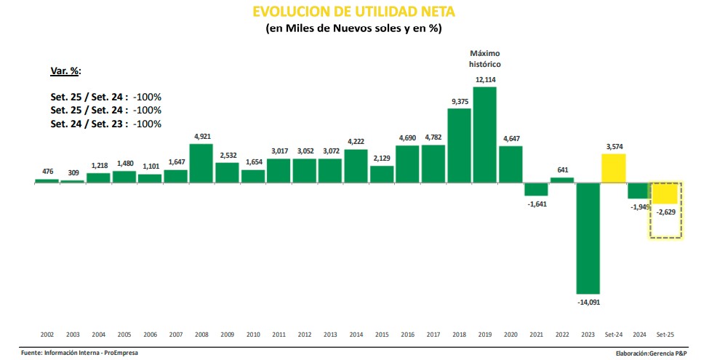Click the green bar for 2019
click(x=484, y=135)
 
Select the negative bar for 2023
click(x=588, y=239)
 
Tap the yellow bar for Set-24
click(x=614, y=168)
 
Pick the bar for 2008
click(x=201, y=163)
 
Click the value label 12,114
click(x=485, y=79)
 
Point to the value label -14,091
click(x=588, y=303)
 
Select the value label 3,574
click(x=614, y=147)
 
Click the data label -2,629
click(x=666, y=212)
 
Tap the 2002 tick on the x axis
click(x=47, y=334)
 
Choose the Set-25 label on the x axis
click(x=665, y=334)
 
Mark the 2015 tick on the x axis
click(x=382, y=334)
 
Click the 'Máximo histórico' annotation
click(x=485, y=59)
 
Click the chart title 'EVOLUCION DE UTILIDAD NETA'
click(x=353, y=12)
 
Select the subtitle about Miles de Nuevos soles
click(x=353, y=28)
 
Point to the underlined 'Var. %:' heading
click(x=65, y=71)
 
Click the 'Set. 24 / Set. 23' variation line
click(x=106, y=124)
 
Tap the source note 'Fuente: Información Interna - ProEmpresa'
click(x=79, y=353)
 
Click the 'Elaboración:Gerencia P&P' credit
click(x=652, y=353)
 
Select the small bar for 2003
click(x=73, y=182)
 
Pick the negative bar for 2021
click(x=536, y=189)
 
